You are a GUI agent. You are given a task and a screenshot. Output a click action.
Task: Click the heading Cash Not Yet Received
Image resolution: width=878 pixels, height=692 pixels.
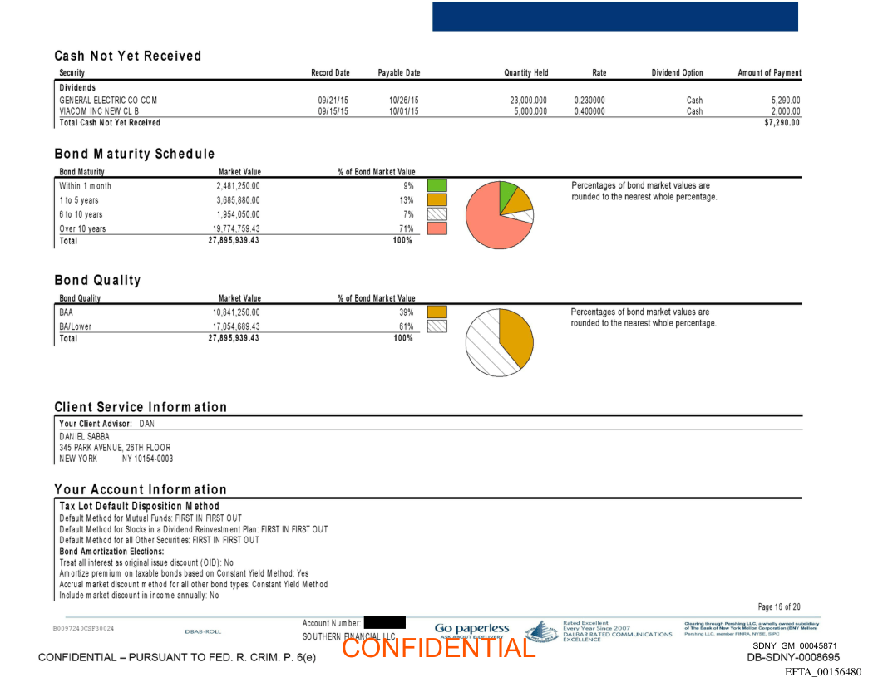(128, 56)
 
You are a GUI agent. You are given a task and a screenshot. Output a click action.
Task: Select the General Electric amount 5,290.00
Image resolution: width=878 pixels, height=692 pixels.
(785, 101)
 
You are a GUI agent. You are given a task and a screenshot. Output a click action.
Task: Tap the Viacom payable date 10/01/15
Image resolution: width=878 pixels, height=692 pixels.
(403, 111)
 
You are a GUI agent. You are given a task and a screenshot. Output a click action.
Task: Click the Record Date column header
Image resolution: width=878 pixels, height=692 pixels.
(330, 73)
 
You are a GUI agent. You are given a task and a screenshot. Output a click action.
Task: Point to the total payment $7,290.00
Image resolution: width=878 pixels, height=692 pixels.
(782, 123)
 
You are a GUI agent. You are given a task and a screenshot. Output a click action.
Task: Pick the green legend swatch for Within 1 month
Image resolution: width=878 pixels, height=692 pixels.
(437, 186)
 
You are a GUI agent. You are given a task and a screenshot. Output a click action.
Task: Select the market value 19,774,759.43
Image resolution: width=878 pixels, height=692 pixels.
(238, 228)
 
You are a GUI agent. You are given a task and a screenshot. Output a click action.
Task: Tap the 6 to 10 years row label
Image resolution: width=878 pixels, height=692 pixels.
(81, 214)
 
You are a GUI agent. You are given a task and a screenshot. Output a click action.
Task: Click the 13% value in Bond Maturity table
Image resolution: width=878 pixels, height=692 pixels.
(406, 200)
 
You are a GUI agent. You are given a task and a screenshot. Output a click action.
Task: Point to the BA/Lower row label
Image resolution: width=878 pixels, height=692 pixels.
(76, 326)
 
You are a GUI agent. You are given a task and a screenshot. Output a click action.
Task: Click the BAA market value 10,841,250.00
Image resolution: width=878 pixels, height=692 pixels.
(237, 312)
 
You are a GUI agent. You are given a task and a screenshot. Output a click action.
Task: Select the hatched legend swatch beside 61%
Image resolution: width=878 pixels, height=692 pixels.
(437, 326)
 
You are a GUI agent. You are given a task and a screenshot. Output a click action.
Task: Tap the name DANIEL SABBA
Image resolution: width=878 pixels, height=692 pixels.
(85, 436)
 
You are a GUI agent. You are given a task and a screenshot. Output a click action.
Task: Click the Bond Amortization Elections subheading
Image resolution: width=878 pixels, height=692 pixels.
(111, 551)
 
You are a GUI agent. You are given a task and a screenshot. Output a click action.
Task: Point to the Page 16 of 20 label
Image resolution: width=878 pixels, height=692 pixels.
(779, 607)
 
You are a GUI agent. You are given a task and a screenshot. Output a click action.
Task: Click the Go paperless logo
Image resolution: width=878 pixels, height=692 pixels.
(471, 630)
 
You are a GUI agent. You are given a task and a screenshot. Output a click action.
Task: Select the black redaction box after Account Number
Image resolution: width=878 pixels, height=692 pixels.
(384, 622)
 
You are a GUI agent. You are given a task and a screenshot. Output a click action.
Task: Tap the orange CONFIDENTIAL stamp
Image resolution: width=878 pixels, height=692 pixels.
(438, 647)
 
